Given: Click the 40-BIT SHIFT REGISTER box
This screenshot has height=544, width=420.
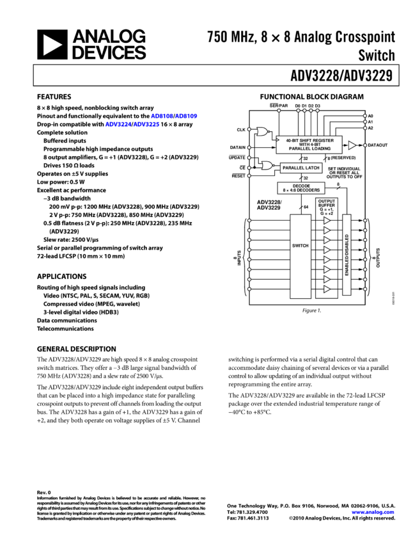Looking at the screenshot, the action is [309, 145].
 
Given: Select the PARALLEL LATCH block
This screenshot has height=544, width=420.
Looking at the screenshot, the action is [300, 168].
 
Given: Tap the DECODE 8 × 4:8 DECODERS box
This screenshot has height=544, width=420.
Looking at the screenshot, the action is [301, 188].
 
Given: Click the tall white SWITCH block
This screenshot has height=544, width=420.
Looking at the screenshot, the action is [300, 256].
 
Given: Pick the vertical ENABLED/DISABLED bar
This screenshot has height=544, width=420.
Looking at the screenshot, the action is [346, 255].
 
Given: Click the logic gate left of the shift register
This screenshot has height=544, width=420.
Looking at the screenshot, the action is [262, 132].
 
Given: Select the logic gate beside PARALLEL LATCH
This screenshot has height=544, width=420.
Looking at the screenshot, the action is [267, 166].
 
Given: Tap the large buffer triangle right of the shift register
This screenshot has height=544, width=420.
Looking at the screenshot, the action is [352, 146].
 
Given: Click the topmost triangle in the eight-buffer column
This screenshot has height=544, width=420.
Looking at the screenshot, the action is [327, 221].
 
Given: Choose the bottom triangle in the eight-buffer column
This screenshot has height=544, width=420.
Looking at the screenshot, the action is [327, 289].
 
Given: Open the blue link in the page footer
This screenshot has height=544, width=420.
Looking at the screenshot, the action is [373, 512].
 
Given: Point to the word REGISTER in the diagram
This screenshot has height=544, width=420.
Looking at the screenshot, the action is [321, 141].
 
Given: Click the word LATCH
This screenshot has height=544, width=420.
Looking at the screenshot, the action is [311, 168].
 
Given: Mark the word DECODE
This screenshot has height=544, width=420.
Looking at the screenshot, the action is [301, 186].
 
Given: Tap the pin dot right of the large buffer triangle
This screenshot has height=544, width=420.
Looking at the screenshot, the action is [365, 145].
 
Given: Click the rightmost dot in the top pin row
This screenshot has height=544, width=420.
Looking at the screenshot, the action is [317, 111].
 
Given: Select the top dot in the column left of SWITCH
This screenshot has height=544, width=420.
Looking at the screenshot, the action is [249, 221].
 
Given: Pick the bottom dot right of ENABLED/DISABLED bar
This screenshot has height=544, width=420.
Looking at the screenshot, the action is [365, 289].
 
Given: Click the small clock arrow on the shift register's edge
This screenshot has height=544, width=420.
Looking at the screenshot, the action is [278, 139].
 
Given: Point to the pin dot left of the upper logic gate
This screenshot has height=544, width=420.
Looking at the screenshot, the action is [249, 130].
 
